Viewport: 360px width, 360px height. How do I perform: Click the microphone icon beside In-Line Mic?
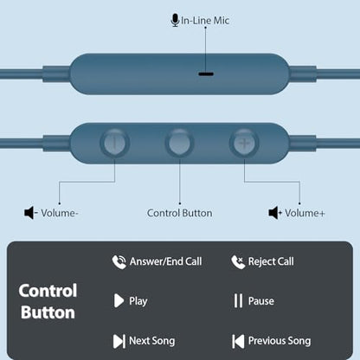coord(175,20)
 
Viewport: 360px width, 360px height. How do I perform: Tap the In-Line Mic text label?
coord(205,21)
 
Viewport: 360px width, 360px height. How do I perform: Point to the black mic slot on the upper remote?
coord(206,74)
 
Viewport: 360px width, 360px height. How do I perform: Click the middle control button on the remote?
coord(179,143)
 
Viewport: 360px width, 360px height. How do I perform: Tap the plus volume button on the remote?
coord(244,143)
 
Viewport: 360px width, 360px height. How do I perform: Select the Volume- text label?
coord(60,213)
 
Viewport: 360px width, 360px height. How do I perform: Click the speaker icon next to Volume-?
coord(30,213)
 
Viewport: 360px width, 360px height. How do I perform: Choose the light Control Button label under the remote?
coord(180,213)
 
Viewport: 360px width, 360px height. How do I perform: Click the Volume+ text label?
coord(305,213)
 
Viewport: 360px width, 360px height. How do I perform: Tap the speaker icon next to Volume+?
coord(275,213)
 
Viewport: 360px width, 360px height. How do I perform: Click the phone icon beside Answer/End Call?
coord(119,262)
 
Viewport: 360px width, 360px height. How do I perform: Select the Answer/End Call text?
coord(166,261)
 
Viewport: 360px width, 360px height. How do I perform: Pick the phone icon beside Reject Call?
coord(238,262)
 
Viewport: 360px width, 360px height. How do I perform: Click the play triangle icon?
coord(119,301)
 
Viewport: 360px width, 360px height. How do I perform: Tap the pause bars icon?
coord(238,301)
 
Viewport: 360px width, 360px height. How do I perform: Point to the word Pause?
coord(261,301)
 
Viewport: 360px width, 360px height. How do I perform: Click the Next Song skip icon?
coord(119,341)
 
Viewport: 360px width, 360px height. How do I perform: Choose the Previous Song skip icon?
coord(238,341)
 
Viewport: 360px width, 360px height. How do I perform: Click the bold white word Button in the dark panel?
coord(48,312)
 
